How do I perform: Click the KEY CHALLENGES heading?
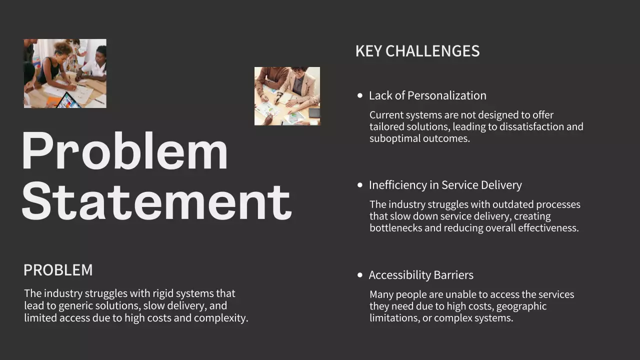point(417,51)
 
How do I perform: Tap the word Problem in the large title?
point(124,151)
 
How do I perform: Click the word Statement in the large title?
point(156,201)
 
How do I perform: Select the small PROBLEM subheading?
point(58,270)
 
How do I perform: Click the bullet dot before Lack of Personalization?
point(360,95)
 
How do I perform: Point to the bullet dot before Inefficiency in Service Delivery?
point(360,185)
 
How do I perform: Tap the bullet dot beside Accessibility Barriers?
point(360,275)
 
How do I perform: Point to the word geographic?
point(521,306)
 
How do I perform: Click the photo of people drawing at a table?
point(65,73)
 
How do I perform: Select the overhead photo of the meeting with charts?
point(287,96)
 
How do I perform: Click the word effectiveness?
point(548,228)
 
